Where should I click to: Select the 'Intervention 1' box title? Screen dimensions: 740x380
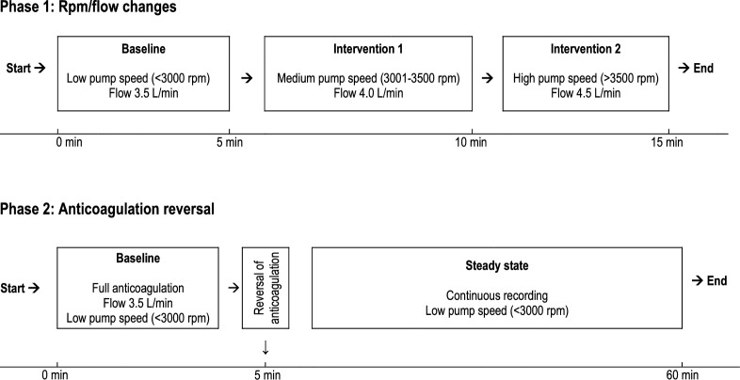(x=367, y=47)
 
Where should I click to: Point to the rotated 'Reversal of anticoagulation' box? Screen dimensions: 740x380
(x=265, y=288)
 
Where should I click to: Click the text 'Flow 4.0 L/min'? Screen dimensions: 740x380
(x=367, y=92)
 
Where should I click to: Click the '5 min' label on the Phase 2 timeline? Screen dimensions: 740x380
(x=265, y=374)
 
